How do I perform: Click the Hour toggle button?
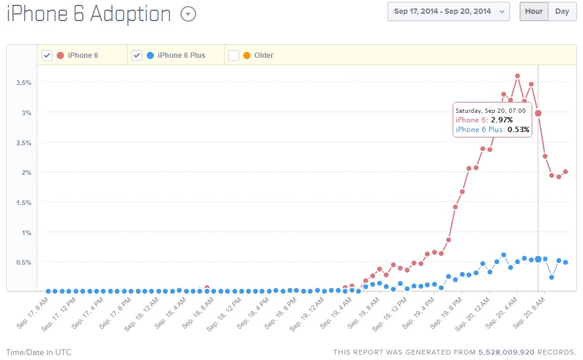[534, 11]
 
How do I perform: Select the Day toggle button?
[562, 11]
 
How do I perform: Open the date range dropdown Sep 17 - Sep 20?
[448, 11]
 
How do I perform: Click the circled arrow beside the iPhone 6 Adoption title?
[188, 14]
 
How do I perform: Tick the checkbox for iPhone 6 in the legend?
[47, 55]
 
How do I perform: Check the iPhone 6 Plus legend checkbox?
[137, 55]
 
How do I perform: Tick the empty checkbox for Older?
[234, 55]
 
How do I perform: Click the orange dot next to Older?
[247, 55]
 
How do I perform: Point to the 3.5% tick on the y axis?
[24, 83]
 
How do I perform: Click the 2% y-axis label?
[26, 172]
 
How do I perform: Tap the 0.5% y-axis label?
[24, 262]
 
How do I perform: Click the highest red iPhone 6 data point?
[517, 76]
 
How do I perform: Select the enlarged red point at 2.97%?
[538, 113]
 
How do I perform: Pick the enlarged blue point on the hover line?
[538, 259]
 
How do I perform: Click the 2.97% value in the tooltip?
[501, 120]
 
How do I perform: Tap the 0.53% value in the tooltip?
[518, 129]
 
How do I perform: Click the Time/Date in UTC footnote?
[39, 352]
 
